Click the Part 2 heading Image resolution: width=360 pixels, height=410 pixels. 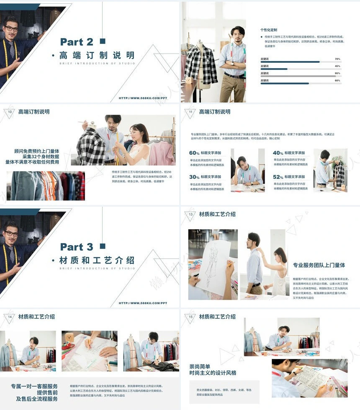[x=77, y=42]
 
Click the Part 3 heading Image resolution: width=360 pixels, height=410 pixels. [x=77, y=247]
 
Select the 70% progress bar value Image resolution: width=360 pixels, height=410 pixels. [x=337, y=59]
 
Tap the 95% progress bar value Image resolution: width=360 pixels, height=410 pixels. [x=337, y=73]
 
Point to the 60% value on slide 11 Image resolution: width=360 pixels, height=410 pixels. [x=194, y=153]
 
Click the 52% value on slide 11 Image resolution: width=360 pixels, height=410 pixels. [x=278, y=177]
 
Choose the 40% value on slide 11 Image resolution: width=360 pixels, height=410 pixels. [x=278, y=153]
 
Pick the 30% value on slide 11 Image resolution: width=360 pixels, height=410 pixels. [x=194, y=177]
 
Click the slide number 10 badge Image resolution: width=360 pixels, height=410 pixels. [x=10, y=112]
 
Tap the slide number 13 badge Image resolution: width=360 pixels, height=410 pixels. [x=191, y=214]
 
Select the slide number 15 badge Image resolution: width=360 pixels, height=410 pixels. [x=191, y=317]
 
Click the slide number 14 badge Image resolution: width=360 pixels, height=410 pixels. [x=10, y=317]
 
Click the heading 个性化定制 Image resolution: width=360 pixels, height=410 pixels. [x=269, y=30]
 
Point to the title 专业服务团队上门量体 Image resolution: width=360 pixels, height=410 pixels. [x=319, y=265]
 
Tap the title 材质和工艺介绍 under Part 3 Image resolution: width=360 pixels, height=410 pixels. [x=97, y=260]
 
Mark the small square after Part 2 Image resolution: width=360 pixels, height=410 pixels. [x=103, y=41]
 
